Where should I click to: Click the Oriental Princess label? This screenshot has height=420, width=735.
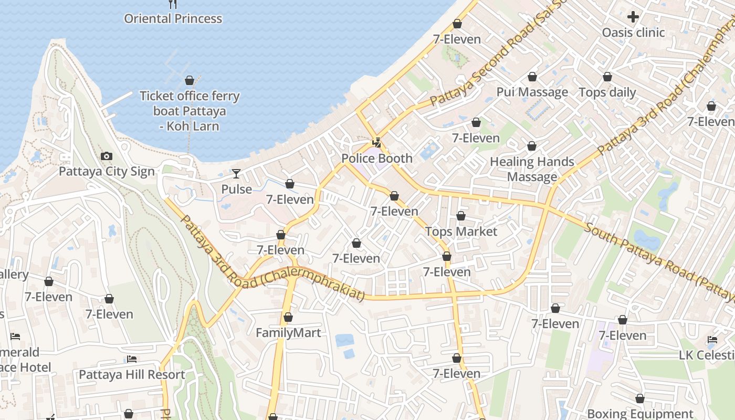(x=173, y=19)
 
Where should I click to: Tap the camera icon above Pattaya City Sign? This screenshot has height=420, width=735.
(x=106, y=156)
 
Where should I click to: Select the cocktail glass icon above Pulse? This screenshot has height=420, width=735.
(x=236, y=173)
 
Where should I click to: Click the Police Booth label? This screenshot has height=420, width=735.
(x=377, y=158)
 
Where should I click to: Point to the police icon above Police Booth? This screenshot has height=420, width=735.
(x=376, y=142)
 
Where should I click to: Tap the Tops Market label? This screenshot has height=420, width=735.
(x=461, y=232)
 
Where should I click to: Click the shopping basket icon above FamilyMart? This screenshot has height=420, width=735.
(x=288, y=317)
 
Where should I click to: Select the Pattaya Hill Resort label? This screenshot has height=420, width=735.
(x=132, y=375)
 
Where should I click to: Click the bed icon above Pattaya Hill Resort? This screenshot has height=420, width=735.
(x=132, y=359)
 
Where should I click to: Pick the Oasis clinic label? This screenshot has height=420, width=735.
(x=633, y=33)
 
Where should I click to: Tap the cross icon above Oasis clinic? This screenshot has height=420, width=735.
(x=633, y=17)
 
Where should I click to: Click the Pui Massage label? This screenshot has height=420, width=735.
(x=532, y=92)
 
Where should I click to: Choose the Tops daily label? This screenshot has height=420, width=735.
(x=607, y=92)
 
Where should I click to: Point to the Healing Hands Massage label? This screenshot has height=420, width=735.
(x=532, y=169)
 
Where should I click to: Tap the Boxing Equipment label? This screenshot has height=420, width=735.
(x=640, y=414)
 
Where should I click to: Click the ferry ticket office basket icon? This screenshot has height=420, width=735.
(x=190, y=80)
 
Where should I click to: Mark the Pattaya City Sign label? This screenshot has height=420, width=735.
(x=107, y=172)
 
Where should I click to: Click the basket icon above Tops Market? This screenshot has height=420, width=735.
(x=461, y=216)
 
